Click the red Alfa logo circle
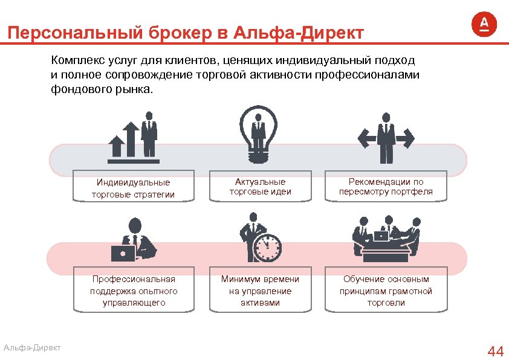(x=484, y=25)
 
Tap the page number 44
(x=495, y=351)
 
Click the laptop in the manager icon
(x=123, y=252)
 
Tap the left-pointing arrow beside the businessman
(x=365, y=140)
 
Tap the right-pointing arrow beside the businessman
(x=406, y=140)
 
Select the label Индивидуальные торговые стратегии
(x=133, y=188)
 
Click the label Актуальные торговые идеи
(x=260, y=187)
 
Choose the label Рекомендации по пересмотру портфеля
(x=386, y=187)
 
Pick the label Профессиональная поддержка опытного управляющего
(x=134, y=291)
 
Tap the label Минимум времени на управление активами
(x=260, y=291)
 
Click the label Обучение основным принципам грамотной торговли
(x=386, y=291)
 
